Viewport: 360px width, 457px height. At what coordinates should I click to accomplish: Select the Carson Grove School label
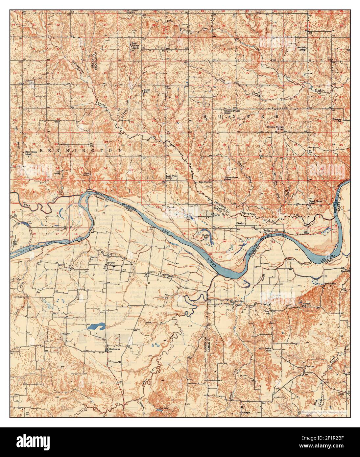[x=231, y=179]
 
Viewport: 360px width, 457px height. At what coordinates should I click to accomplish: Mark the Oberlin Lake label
[x=206, y=236]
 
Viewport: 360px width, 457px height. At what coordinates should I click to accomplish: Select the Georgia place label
[x=245, y=413]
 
